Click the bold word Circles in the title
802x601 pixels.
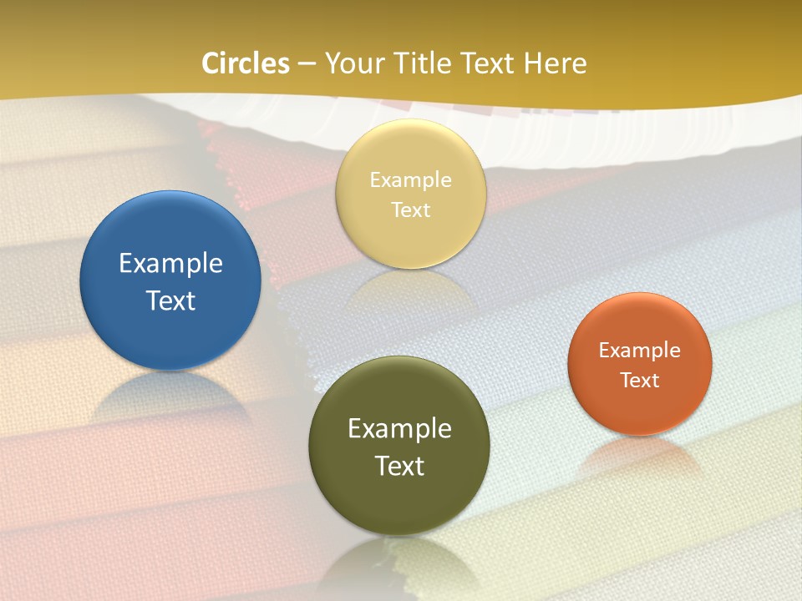[x=246, y=63]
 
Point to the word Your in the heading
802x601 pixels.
[x=354, y=63]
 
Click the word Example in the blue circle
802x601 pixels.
[x=170, y=264]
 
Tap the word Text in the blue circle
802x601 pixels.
[x=170, y=300]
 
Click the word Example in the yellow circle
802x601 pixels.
[x=411, y=180]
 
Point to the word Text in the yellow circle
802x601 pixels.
[x=411, y=210]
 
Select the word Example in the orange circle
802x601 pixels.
[x=640, y=351]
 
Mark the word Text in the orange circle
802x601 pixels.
[x=640, y=381]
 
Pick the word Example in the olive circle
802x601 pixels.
[x=399, y=429]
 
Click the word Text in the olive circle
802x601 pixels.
[x=399, y=466]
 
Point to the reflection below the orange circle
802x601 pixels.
[x=640, y=455]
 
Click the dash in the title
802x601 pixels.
[x=307, y=64]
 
